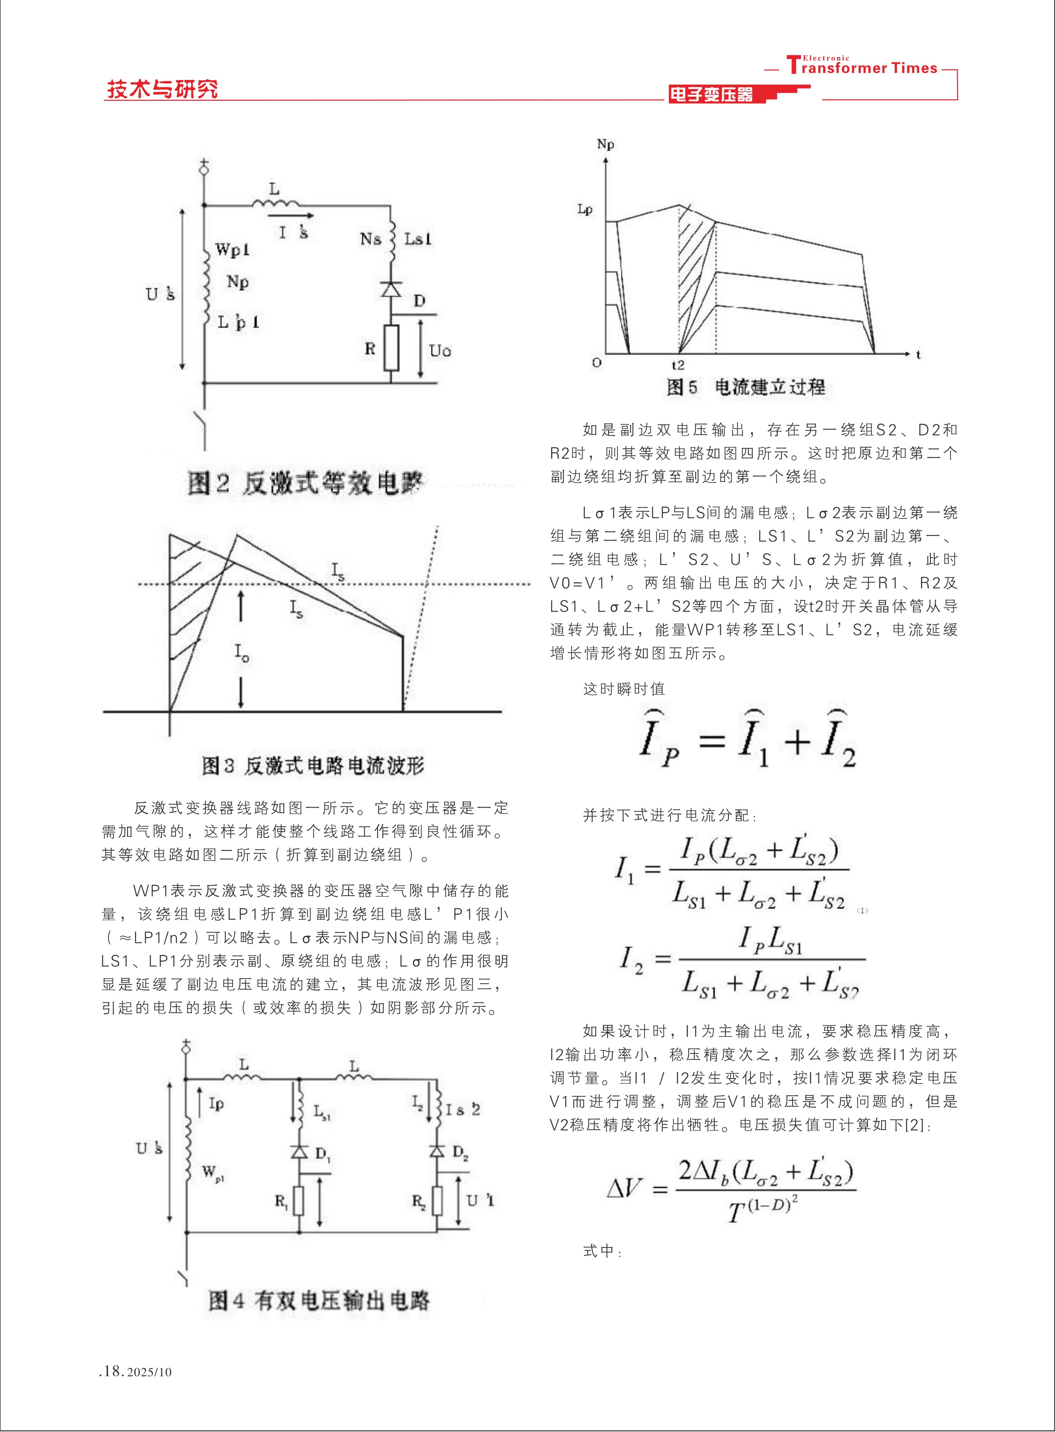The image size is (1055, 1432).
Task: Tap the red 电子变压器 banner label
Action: (711, 94)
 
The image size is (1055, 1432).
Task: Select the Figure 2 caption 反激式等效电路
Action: (305, 482)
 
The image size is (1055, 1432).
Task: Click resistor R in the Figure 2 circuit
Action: (391, 348)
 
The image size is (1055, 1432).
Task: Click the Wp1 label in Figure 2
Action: (232, 249)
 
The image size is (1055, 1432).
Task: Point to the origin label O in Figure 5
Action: (597, 363)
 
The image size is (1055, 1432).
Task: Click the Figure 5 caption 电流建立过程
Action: (746, 387)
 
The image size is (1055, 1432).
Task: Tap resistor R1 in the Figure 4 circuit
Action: (298, 1201)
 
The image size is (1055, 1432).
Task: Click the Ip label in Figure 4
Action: (216, 1103)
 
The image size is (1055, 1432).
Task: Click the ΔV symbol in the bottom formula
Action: (624, 1188)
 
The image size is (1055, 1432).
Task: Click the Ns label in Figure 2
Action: (370, 239)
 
